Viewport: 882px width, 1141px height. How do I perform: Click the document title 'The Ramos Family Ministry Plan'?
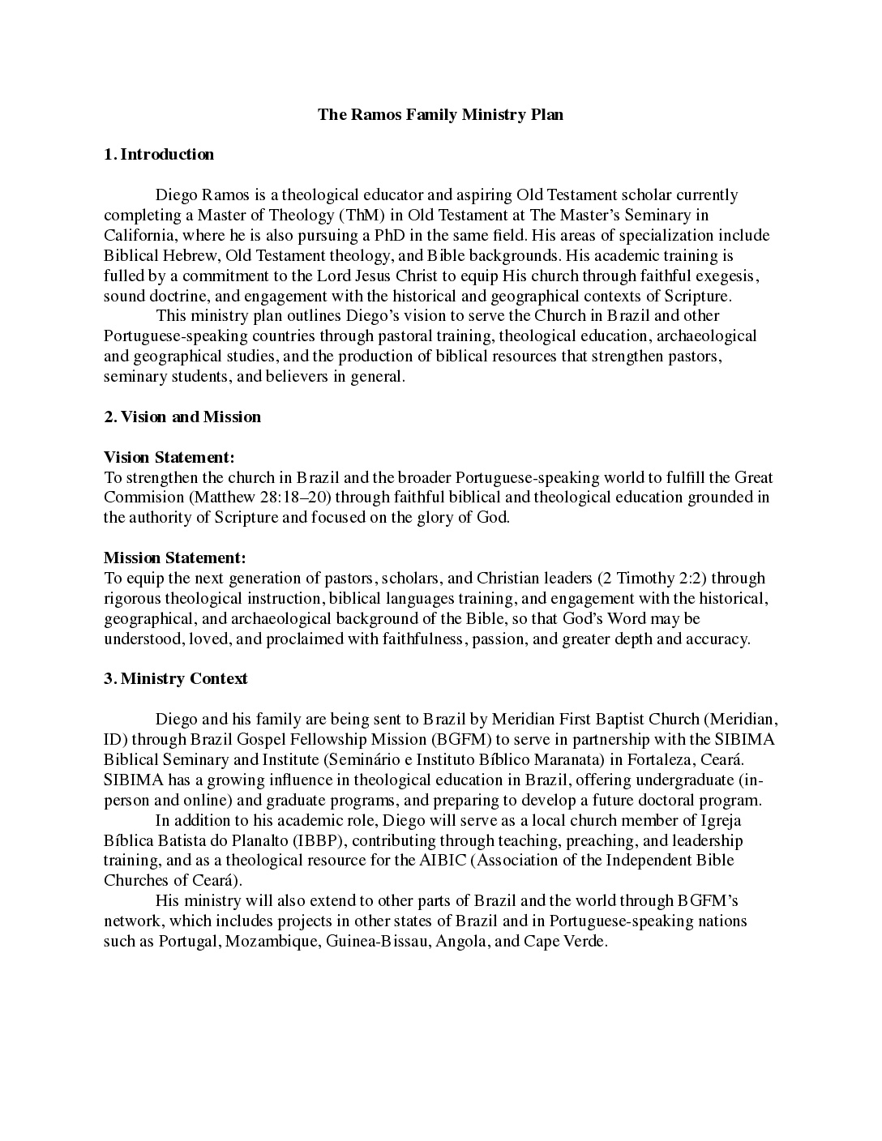click(440, 114)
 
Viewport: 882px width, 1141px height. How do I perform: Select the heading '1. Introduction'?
click(159, 155)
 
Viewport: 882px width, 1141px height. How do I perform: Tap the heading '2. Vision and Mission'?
click(182, 417)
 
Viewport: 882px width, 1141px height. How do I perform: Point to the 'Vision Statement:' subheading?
click(169, 458)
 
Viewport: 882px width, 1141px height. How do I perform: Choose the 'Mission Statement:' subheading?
click(174, 558)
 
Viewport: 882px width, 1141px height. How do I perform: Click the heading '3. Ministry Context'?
click(176, 679)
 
